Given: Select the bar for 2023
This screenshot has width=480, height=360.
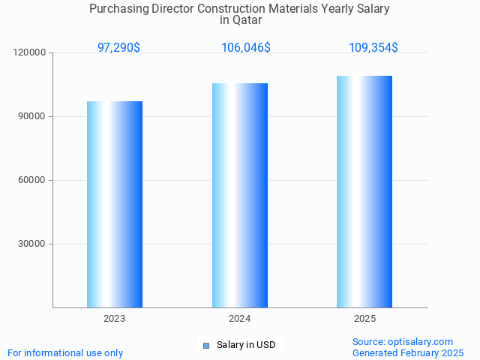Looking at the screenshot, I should coord(115,204).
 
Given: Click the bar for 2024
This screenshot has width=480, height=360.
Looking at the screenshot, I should coord(240,195).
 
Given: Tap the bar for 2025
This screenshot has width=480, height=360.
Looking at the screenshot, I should coord(364,191).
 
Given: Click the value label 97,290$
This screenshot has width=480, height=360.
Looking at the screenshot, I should coord(118,47).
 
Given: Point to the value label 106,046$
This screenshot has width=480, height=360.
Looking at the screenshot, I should coord(246,47).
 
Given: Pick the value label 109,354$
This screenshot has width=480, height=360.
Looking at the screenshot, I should coord(373,47).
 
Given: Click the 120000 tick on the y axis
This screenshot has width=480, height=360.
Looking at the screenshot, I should coord(30,52).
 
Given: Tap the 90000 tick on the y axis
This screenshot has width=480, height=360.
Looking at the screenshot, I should coord(32,116).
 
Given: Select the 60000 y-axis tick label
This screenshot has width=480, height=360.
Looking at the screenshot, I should coord(32,180).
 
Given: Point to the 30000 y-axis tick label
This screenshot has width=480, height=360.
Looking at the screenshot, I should coord(32,244).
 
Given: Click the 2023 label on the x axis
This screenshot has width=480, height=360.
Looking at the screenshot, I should coord(115,319).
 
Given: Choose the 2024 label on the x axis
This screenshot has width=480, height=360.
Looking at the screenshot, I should coord(240,319).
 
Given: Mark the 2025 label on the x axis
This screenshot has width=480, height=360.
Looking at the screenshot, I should coord(364,319).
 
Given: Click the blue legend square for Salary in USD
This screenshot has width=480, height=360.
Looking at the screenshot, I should coord(206,345).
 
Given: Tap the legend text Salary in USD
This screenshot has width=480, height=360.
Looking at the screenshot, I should coord(246,345).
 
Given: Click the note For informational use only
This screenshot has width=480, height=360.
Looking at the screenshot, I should coord(65,352).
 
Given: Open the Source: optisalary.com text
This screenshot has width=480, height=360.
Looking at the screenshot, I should coord(403,341).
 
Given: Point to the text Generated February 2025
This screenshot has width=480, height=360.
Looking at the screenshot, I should coord(408,352).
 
